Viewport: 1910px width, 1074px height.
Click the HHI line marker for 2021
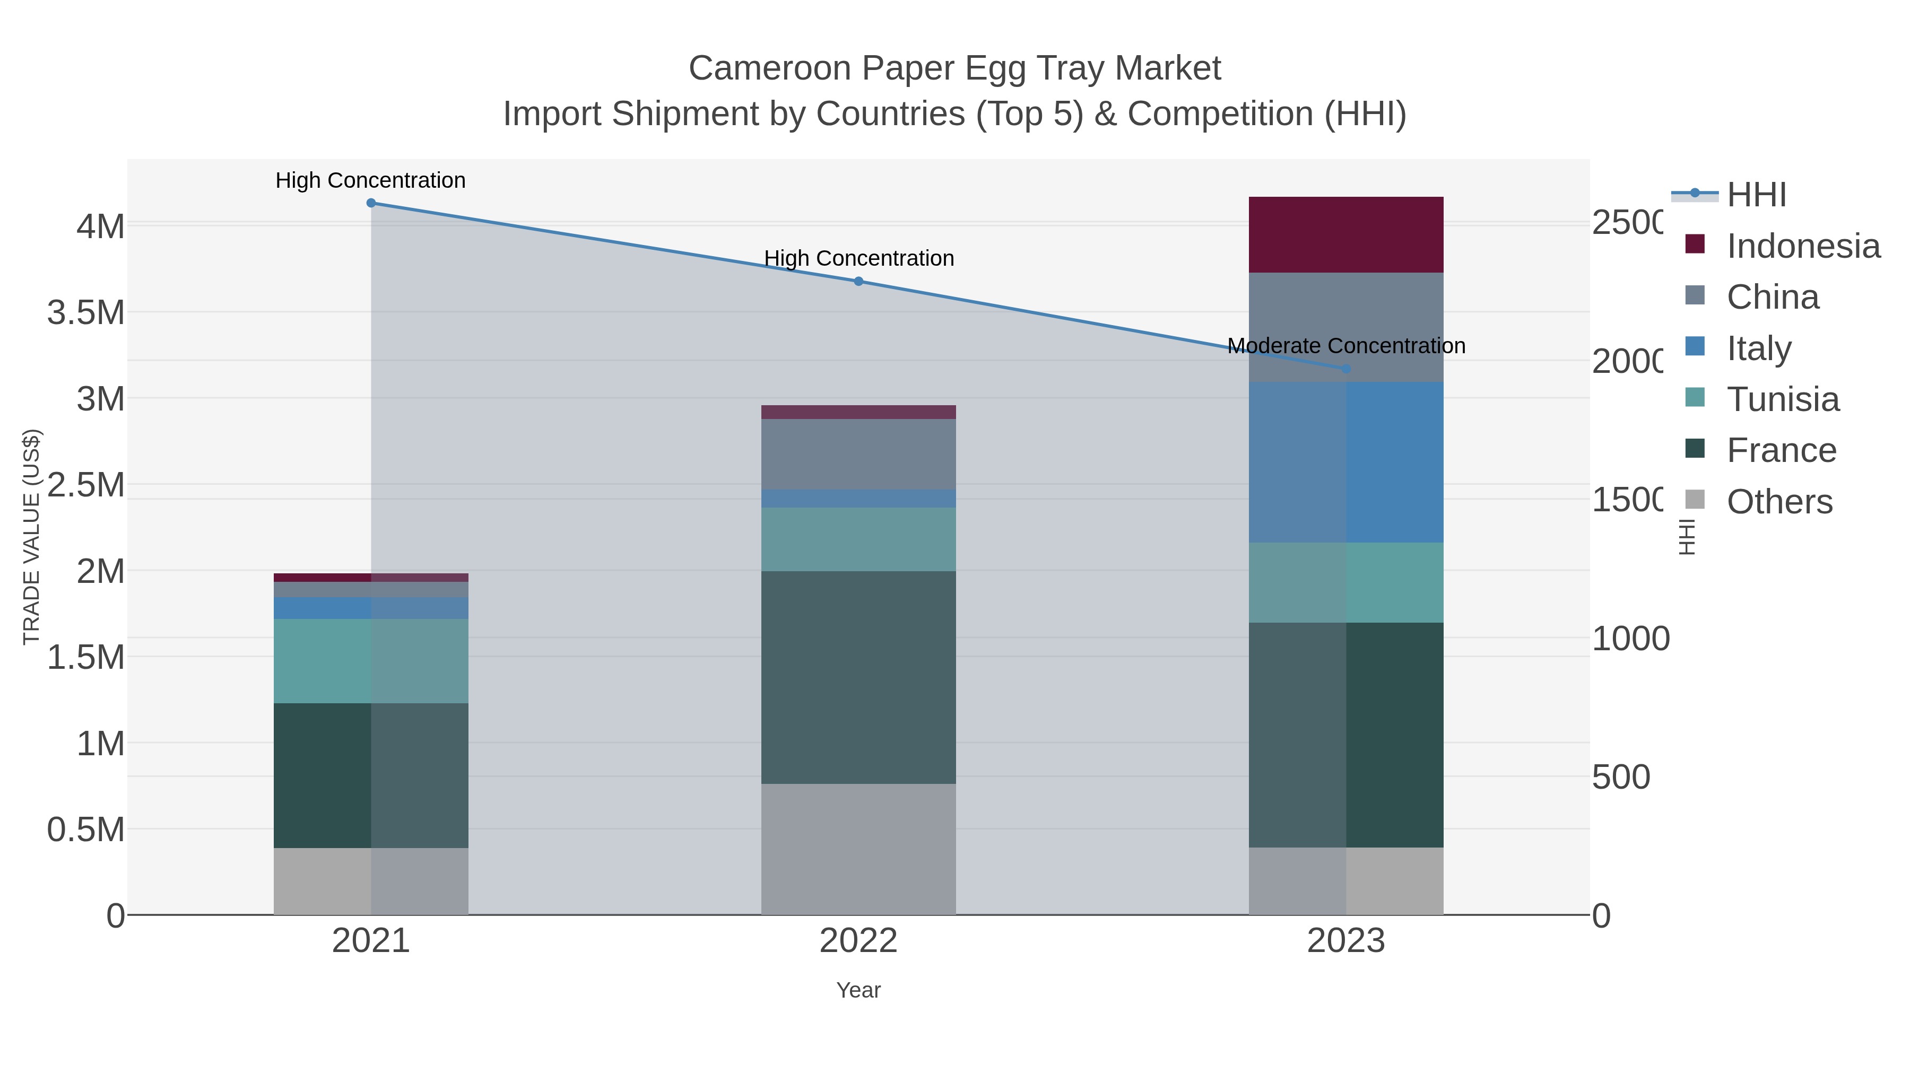pyautogui.click(x=371, y=203)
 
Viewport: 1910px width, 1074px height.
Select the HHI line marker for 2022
pyautogui.click(x=858, y=281)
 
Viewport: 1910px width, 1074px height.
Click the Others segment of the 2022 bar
pyautogui.click(x=858, y=849)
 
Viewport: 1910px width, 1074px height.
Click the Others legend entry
pyautogui.click(x=1779, y=502)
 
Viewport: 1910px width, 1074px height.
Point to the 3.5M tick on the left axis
pyautogui.click(x=86, y=312)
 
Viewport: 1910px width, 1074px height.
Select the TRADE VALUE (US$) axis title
pyautogui.click(x=31, y=537)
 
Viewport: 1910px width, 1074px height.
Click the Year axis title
pyautogui.click(x=858, y=990)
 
